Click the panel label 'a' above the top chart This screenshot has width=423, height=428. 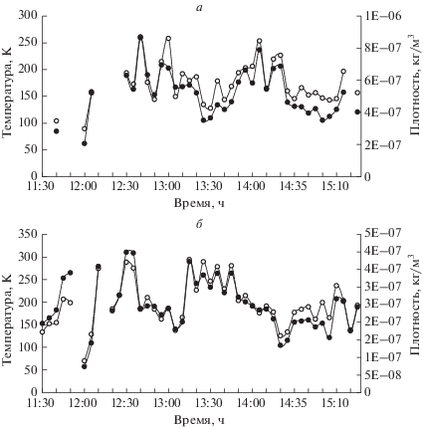coord(199,8)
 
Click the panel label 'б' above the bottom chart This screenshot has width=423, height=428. coord(199,225)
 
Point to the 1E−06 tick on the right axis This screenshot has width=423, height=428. coord(382,16)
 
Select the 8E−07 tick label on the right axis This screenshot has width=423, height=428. coord(382,48)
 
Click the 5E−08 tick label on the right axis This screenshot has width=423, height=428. coord(382,375)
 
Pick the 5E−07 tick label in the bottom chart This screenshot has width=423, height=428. coord(382,234)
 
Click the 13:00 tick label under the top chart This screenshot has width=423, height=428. coord(168,186)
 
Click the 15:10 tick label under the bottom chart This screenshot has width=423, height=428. coord(336,403)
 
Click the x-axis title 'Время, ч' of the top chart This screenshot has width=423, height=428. coord(199,203)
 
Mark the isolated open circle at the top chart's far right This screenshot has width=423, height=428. coord(357,93)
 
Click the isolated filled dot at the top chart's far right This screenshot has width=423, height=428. coord(357,111)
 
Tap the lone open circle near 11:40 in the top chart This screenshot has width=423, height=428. coord(57,120)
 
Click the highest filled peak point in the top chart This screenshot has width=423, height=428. coord(140,37)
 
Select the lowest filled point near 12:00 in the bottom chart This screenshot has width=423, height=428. coord(85,366)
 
